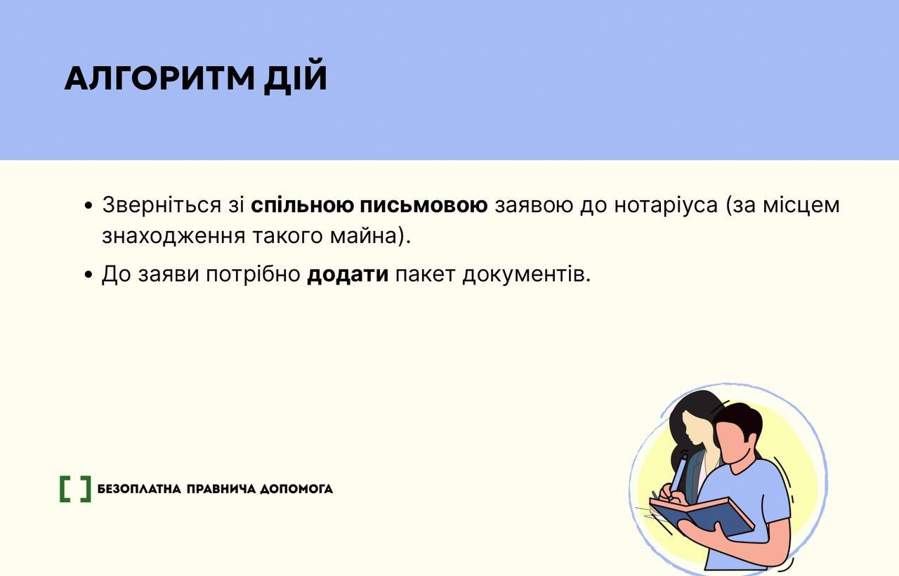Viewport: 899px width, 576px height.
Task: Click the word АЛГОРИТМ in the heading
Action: [x=159, y=78]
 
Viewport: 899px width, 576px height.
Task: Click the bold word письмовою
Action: [x=424, y=204]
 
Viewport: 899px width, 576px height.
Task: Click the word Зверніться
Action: [x=162, y=204]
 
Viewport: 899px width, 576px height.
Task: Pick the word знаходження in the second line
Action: [x=173, y=236]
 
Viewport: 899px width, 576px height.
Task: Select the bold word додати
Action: [x=348, y=275]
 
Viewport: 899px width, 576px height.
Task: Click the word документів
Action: [x=527, y=275]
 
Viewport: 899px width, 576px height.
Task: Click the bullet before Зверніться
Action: [x=88, y=207]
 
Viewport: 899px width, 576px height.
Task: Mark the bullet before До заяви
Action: [x=88, y=276]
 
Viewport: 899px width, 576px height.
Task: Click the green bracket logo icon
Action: [x=75, y=489]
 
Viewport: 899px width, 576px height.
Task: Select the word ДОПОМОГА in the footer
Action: [x=296, y=489]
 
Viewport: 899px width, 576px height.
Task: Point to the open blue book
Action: [x=702, y=518]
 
